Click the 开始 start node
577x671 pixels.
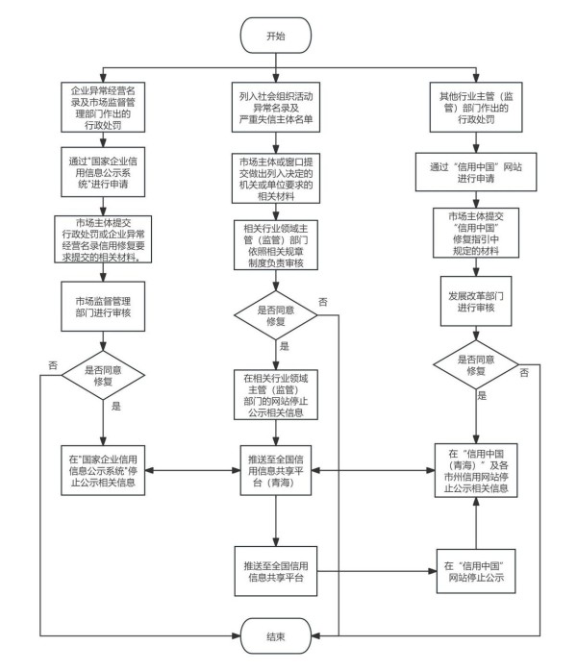click(x=276, y=36)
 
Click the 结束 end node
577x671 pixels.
click(x=276, y=636)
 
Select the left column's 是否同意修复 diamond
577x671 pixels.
click(x=104, y=374)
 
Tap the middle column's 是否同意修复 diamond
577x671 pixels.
click(x=276, y=316)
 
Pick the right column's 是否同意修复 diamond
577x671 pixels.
click(x=474, y=363)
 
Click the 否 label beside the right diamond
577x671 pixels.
click(x=523, y=371)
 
